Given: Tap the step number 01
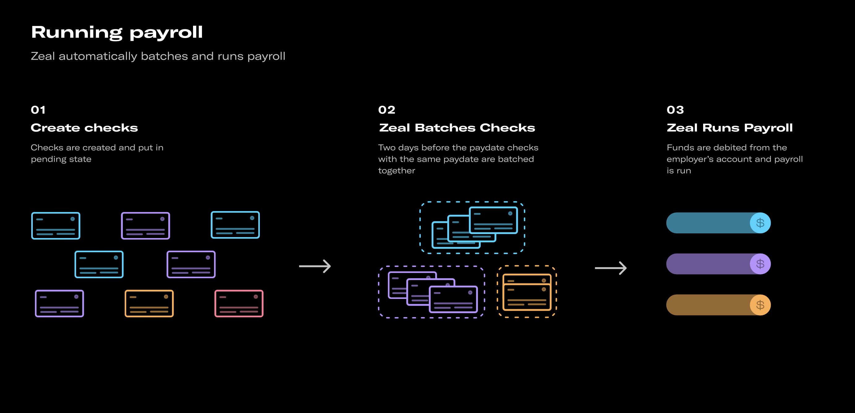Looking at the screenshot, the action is point(38,110).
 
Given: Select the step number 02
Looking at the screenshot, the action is point(387,110).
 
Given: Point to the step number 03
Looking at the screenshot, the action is point(675,110).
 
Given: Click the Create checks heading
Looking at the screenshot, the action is point(84,128).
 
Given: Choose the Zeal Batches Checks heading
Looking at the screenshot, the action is point(457,128).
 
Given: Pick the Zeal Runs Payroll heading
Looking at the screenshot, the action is point(729,128).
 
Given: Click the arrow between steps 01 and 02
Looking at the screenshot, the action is point(315,266).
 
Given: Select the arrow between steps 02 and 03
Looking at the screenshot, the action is point(611,268).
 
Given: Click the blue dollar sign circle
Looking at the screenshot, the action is point(760,223).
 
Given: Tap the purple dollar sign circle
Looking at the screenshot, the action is point(760,264).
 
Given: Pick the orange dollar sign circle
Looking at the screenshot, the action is point(760,305).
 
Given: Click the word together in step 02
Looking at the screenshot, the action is point(397,171).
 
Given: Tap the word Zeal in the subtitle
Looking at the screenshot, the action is point(43,56).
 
